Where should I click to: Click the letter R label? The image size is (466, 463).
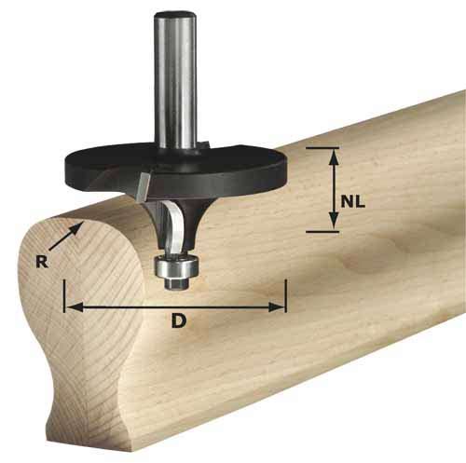(41, 262)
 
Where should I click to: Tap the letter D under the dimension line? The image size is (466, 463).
(177, 322)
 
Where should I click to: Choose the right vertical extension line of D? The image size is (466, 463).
(285, 294)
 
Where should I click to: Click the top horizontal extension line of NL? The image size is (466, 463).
(322, 147)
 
